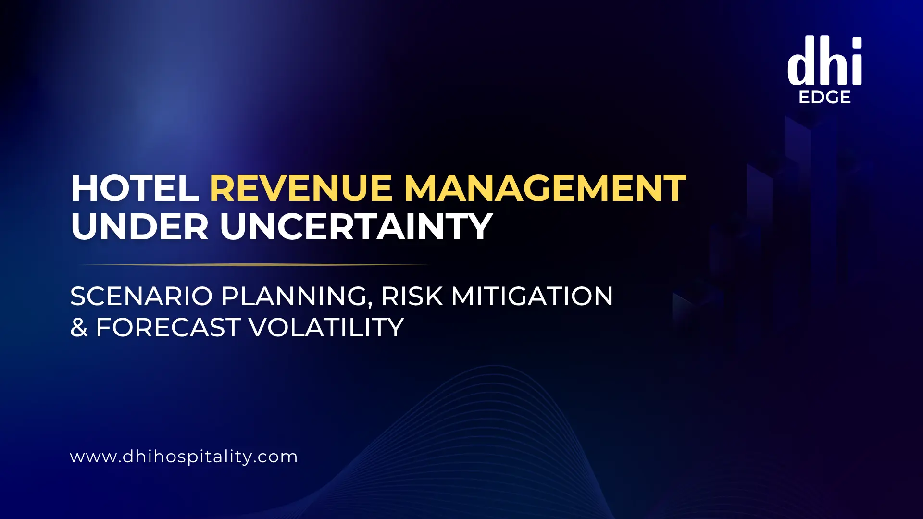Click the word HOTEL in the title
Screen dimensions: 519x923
[135, 188]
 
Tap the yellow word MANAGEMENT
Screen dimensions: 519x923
[545, 188]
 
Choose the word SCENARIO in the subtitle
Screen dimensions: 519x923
[141, 296]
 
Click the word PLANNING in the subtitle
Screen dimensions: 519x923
[294, 296]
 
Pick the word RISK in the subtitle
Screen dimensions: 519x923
[412, 296]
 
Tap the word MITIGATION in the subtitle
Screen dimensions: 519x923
[532, 296]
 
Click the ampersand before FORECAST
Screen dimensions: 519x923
[79, 328]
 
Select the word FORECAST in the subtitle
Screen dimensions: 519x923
[168, 328]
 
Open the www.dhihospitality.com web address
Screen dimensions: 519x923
[184, 457]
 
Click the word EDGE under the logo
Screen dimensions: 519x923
[824, 98]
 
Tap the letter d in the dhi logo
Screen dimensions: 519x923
[800, 62]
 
